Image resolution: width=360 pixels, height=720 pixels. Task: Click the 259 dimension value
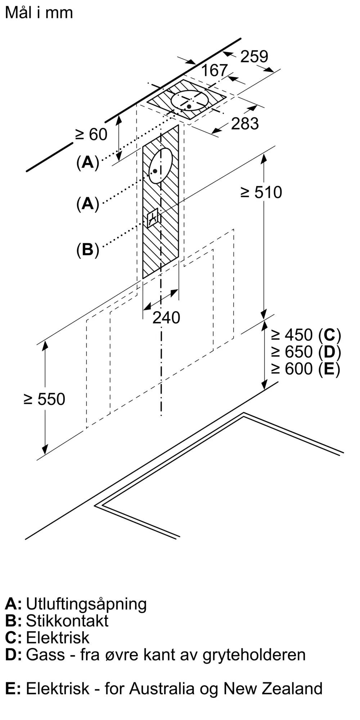pos(254,57)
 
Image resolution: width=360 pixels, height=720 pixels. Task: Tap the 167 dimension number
pos(215,70)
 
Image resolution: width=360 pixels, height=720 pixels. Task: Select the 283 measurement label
pos(245,123)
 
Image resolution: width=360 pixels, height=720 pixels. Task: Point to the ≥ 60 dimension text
pos(91,134)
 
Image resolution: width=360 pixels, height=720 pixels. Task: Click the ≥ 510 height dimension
pos(261,192)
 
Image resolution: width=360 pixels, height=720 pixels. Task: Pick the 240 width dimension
pos(166,318)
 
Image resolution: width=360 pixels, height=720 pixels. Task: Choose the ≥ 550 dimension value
pos(44,399)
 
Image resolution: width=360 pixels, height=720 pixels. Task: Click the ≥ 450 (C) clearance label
pos(306,335)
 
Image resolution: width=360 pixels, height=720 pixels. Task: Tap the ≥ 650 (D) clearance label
pos(306,352)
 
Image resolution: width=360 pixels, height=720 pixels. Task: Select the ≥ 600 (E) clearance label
pos(305,369)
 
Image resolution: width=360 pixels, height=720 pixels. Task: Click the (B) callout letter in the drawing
pos(87,249)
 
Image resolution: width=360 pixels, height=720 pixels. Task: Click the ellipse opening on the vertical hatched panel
pos(161,166)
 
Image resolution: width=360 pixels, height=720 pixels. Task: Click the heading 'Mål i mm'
pos(39,13)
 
